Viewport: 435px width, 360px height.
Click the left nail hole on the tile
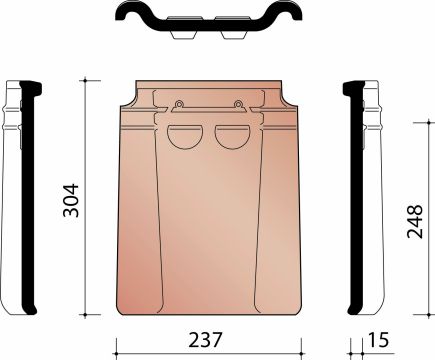click(x=178, y=104)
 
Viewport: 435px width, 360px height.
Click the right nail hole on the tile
click(x=239, y=104)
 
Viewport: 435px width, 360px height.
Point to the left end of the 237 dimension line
click(x=118, y=349)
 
